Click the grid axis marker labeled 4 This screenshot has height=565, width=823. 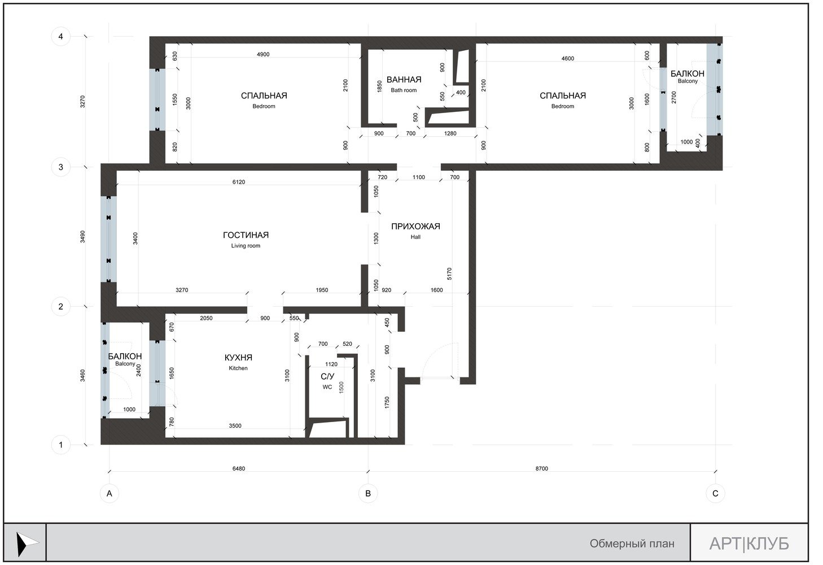[x=60, y=36]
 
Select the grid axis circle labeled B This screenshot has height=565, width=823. [x=368, y=493]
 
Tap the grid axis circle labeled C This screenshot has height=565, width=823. [x=715, y=493]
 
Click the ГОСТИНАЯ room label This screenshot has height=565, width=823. [x=246, y=235]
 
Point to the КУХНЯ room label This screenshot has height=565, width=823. [x=238, y=358]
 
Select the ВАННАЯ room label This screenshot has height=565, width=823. [x=404, y=80]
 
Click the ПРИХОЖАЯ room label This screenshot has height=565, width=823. [x=415, y=226]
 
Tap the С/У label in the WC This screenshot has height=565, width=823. [x=327, y=377]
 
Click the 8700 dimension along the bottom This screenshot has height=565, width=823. [x=541, y=468]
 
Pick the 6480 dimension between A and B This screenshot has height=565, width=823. [x=238, y=468]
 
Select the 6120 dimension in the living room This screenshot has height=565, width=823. [x=238, y=182]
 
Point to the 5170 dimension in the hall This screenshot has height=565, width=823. [x=449, y=273]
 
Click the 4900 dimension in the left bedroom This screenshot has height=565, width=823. [x=263, y=54]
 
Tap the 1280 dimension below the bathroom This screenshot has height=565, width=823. [x=450, y=133]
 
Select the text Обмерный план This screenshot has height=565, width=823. [x=632, y=544]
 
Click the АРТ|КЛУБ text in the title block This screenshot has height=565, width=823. [x=749, y=544]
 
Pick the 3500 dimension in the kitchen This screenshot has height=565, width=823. [x=235, y=425]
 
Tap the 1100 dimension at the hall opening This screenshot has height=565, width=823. [x=418, y=177]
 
